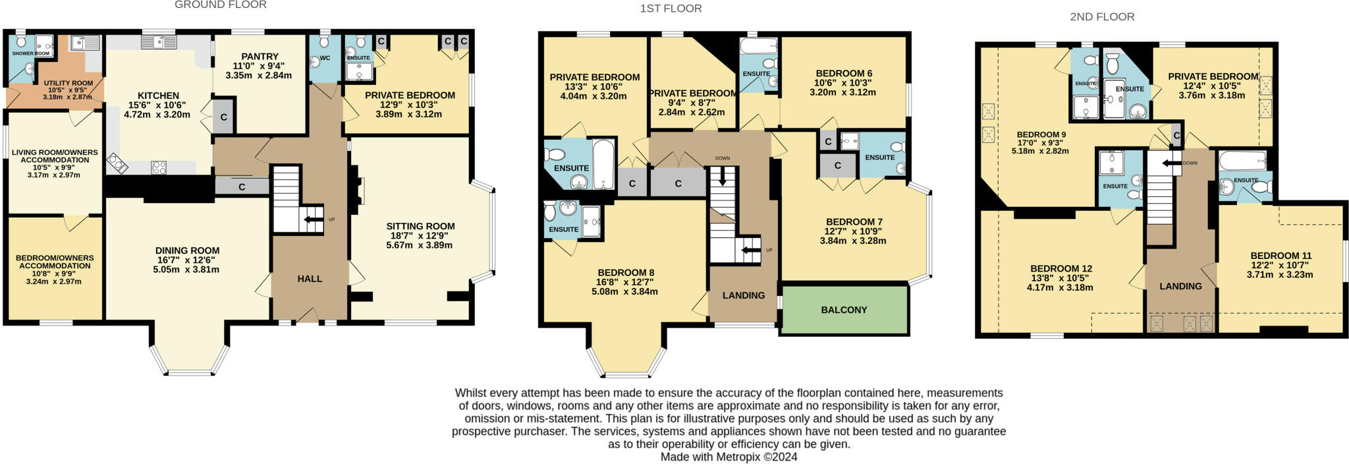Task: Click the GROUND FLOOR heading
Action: point(220,5)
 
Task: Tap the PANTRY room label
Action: point(260,57)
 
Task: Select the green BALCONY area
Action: point(844,310)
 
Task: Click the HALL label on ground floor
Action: point(310,279)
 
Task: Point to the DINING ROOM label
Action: point(187,250)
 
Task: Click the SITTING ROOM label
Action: point(420,226)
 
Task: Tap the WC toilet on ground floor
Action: point(324,43)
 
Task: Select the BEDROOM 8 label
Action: point(626,272)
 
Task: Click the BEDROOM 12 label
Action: point(1061,268)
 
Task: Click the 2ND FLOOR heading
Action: point(1102,17)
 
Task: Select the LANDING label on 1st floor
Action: point(744,295)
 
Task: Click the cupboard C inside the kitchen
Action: point(223,117)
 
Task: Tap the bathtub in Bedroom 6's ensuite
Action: point(758,46)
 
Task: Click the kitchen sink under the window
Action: point(159,43)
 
